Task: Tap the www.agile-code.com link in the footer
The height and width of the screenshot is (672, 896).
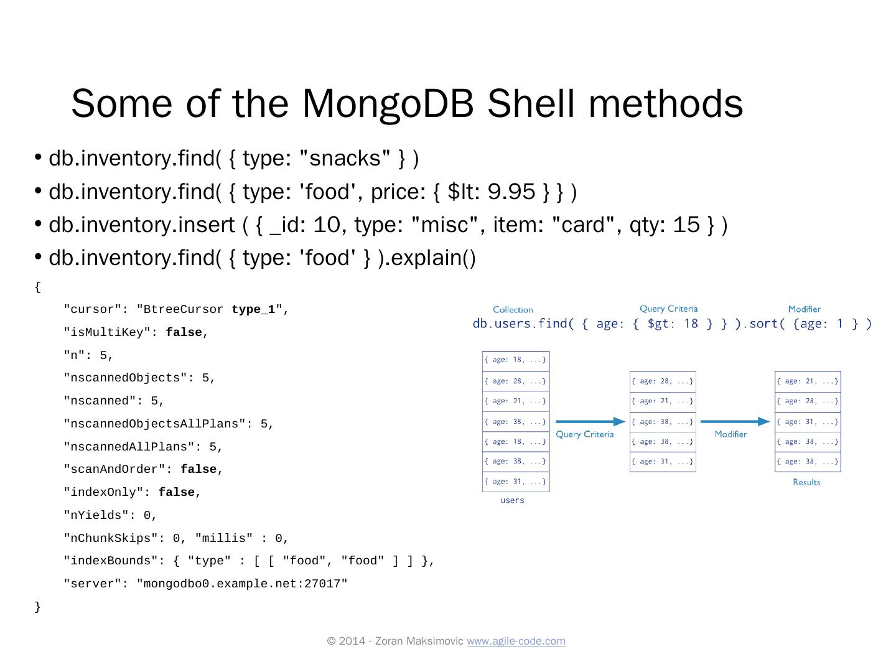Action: coord(516,641)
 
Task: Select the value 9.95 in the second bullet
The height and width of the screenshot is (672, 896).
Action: coord(511,192)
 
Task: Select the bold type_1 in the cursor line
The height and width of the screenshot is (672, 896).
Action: coord(253,310)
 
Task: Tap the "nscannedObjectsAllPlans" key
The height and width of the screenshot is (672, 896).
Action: coord(155,424)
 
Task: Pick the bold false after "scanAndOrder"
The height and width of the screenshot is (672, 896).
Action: coord(198,470)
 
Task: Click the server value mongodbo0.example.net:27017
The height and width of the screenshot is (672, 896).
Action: coord(242,584)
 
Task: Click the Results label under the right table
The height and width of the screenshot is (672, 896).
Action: coord(806,482)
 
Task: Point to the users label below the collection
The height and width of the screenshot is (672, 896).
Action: coord(512,500)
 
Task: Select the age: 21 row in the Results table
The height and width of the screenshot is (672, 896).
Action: coord(808,381)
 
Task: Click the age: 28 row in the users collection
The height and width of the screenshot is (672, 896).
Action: coord(515,381)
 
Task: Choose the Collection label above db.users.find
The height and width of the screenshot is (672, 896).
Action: coord(513,310)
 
